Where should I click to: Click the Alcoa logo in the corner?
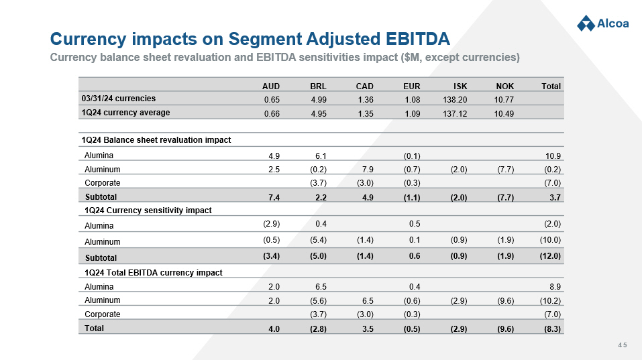(602, 23)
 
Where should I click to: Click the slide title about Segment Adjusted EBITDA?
(250, 36)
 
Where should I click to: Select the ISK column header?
(460, 86)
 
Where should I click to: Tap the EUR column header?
(412, 86)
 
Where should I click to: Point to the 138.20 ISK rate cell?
(456, 100)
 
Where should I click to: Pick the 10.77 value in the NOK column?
(504, 100)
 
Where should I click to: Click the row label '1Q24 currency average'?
(125, 113)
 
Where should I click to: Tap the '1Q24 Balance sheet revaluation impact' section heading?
(156, 140)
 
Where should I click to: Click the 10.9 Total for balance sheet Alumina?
(553, 156)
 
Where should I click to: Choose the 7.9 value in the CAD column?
(367, 170)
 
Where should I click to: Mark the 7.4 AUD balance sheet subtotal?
(273, 197)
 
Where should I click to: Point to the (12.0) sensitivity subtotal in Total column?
(550, 257)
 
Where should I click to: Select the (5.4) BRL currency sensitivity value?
(318, 240)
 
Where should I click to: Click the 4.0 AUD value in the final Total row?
(274, 329)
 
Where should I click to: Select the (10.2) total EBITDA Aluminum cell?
(550, 301)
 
